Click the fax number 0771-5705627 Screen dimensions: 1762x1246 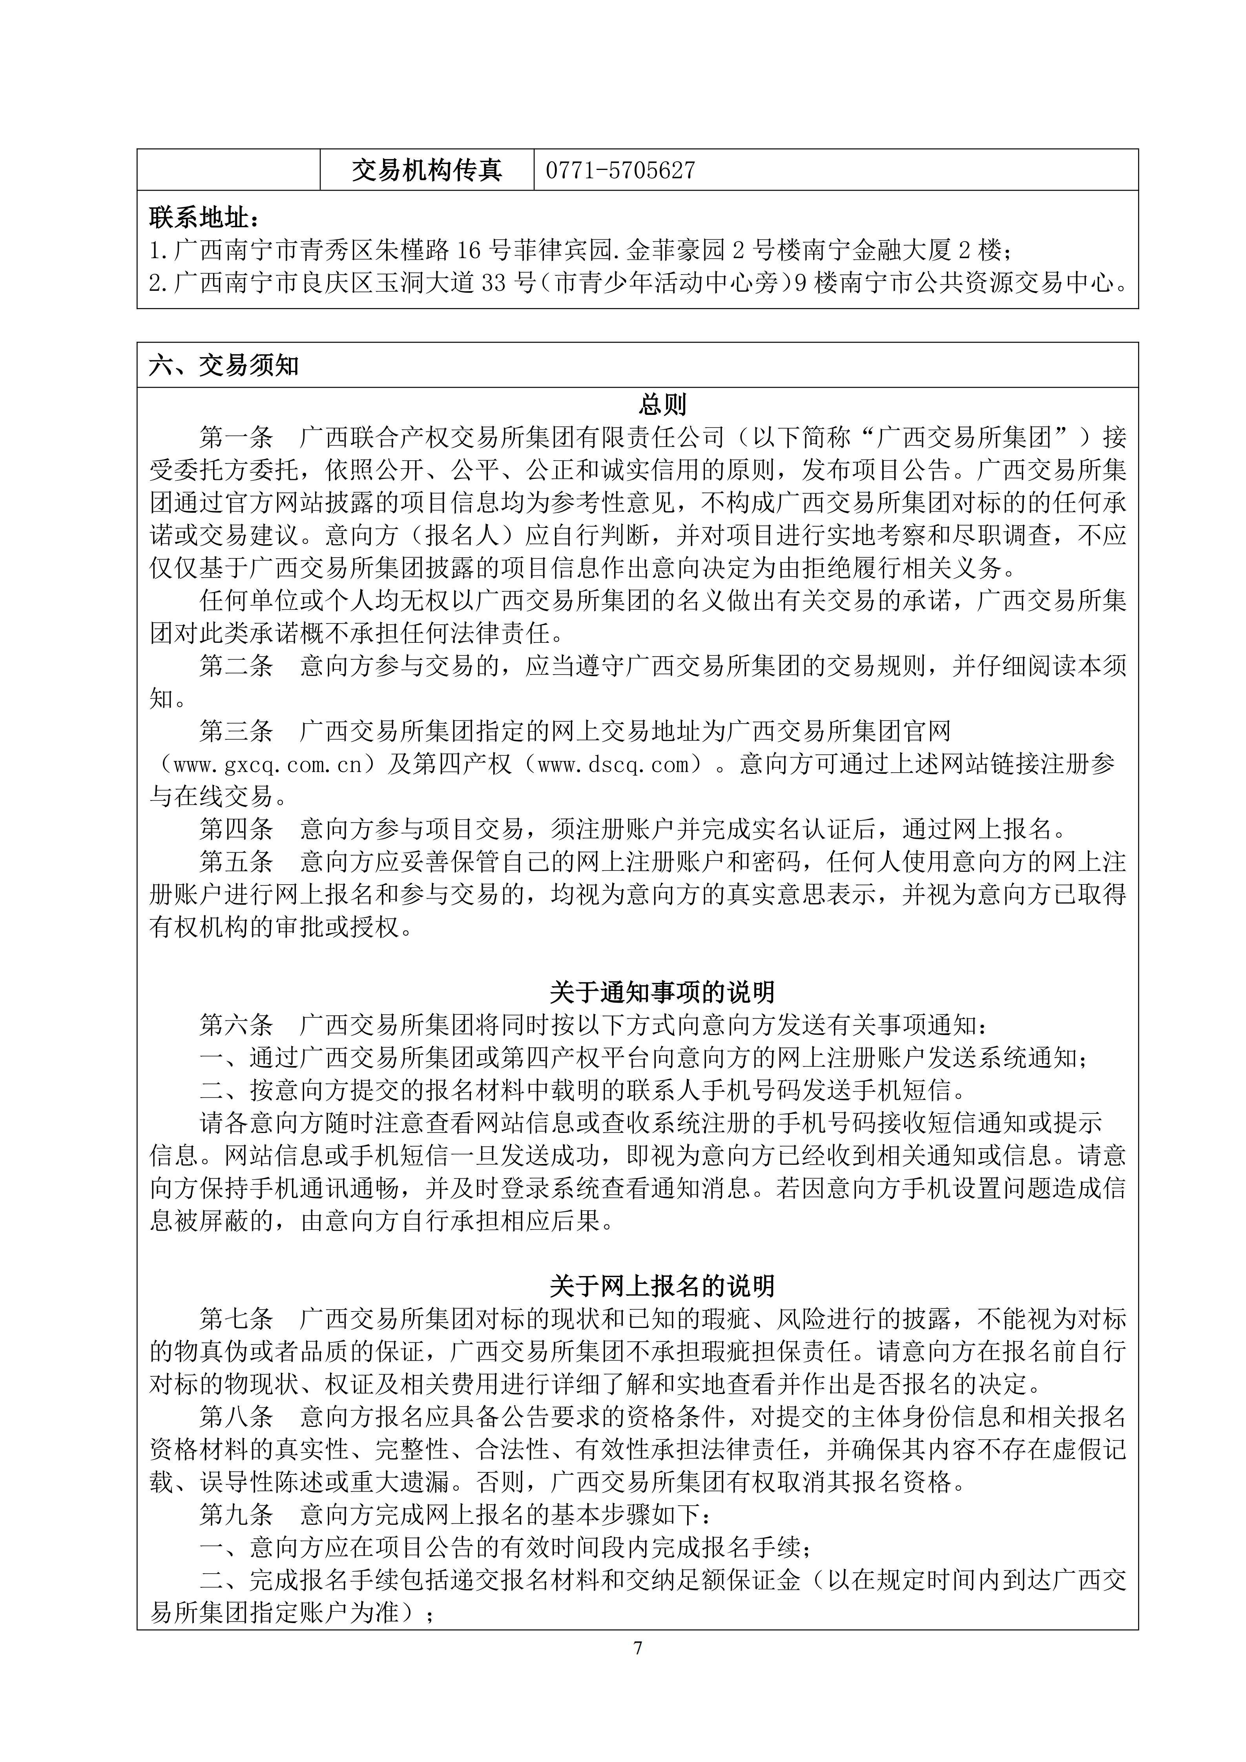[x=620, y=170]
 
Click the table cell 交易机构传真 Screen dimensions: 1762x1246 [x=427, y=170]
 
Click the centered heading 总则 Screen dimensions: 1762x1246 [x=663, y=405]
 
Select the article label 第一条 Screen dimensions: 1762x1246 [x=236, y=438]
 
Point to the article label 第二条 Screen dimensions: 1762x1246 [x=236, y=665]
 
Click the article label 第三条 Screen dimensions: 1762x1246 [x=236, y=731]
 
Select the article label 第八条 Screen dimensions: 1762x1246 [x=236, y=1417]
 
